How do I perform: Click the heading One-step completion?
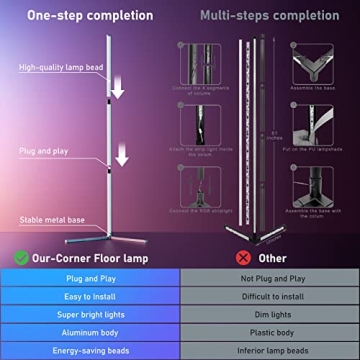click(90, 16)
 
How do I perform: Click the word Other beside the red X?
click(272, 256)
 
